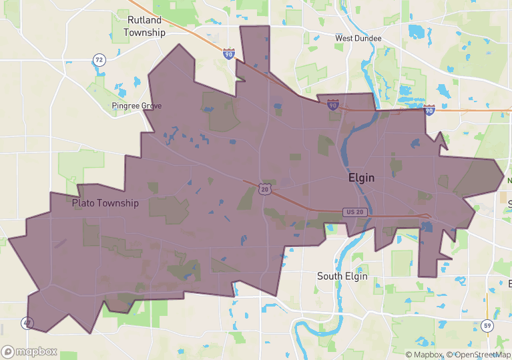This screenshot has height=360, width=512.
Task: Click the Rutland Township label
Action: click(x=144, y=27)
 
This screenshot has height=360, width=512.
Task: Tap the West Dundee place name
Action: click(x=358, y=38)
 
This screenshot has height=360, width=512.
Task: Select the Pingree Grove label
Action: click(x=137, y=106)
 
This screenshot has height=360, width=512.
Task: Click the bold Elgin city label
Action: click(x=361, y=178)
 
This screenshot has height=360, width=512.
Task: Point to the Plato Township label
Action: click(x=105, y=203)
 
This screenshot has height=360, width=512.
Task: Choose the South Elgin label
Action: click(x=343, y=276)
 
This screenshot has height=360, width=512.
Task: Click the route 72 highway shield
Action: click(x=99, y=60)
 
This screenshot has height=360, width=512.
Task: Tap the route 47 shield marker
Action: click(x=27, y=324)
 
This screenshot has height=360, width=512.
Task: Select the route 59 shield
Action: click(x=487, y=326)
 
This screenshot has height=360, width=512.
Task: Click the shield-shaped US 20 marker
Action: click(x=265, y=190)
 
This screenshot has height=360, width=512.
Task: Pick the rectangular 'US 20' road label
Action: click(x=355, y=212)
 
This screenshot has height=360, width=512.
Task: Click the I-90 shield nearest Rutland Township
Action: click(x=229, y=53)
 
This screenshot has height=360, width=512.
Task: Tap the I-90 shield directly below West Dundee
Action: click(x=332, y=104)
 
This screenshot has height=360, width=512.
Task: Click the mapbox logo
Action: click(x=29, y=351)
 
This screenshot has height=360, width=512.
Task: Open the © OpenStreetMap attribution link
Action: click(x=479, y=355)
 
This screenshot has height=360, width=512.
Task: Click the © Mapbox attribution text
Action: click(x=425, y=355)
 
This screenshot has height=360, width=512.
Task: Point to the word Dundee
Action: click(x=368, y=38)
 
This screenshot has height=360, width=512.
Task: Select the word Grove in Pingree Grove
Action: click(x=151, y=106)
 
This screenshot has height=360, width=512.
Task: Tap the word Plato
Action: click(x=85, y=203)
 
